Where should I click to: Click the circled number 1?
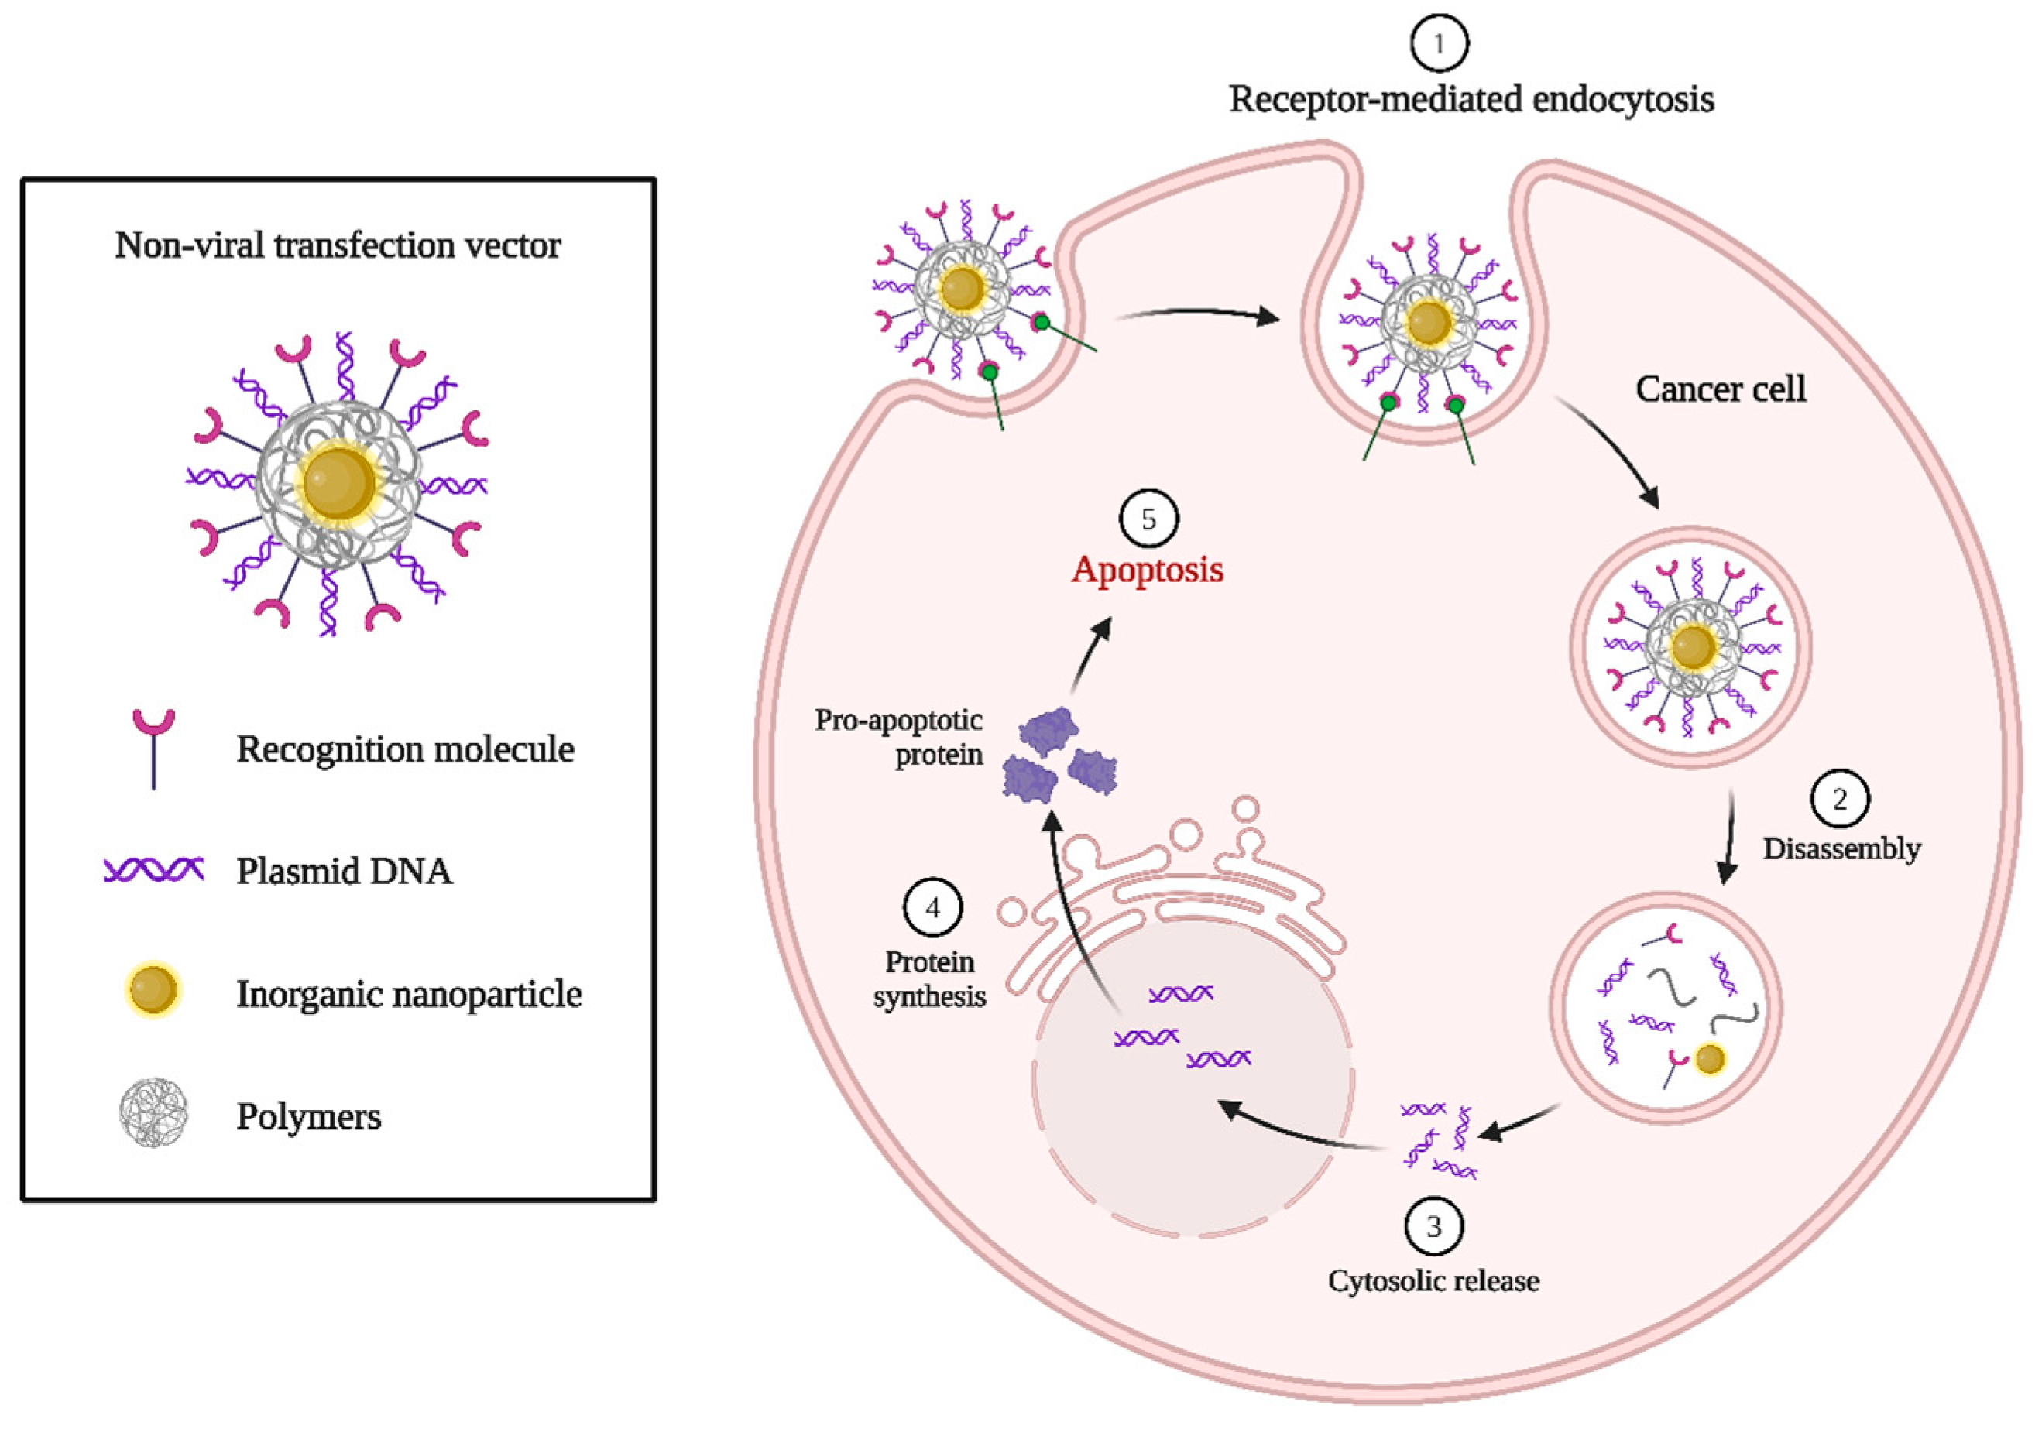coord(1438,43)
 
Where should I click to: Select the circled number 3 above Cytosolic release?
coord(1433,1226)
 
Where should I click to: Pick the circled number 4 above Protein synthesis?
coord(932,907)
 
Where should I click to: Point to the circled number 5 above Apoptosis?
coord(1148,519)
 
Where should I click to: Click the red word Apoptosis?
coord(1148,569)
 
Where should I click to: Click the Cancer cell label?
coord(1720,389)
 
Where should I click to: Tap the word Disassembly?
coord(1841,848)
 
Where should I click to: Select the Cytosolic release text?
coord(1433,1280)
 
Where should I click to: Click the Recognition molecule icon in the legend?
coord(154,747)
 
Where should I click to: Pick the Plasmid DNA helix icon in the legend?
coord(154,869)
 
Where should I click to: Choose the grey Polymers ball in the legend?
coord(154,1112)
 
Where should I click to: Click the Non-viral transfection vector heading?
coord(337,245)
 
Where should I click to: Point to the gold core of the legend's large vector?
coord(339,484)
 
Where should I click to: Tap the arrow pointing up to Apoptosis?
coord(1092,653)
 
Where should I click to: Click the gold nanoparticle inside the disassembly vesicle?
coord(1709,1059)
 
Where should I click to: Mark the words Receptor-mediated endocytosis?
coord(1471,99)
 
